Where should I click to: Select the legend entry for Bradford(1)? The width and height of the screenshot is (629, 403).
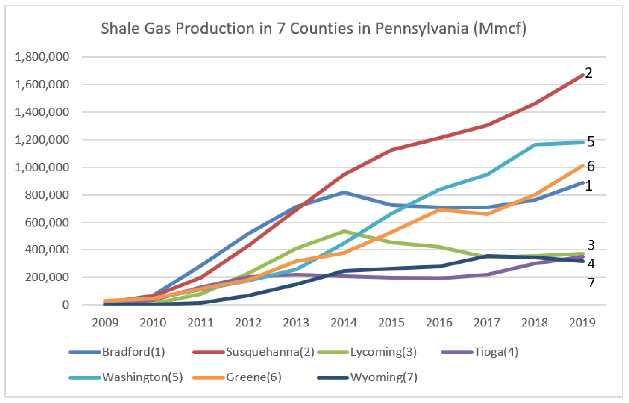click(133, 352)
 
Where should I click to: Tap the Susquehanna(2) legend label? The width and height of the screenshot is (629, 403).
click(270, 352)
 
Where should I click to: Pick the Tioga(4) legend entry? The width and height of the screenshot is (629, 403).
click(496, 352)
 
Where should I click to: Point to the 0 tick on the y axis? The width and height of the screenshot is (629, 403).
click(65, 305)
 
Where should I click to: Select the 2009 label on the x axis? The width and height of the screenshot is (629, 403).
click(105, 323)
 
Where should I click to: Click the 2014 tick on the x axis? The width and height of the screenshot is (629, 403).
click(344, 323)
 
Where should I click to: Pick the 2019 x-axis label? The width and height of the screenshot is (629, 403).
click(582, 323)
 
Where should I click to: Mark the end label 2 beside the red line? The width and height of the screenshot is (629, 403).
click(589, 73)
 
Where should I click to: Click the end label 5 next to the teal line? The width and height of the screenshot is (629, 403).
click(591, 142)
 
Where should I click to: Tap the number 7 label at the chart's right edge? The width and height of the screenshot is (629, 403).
click(591, 283)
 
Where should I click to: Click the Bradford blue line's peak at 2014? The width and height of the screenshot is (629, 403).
click(344, 193)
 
